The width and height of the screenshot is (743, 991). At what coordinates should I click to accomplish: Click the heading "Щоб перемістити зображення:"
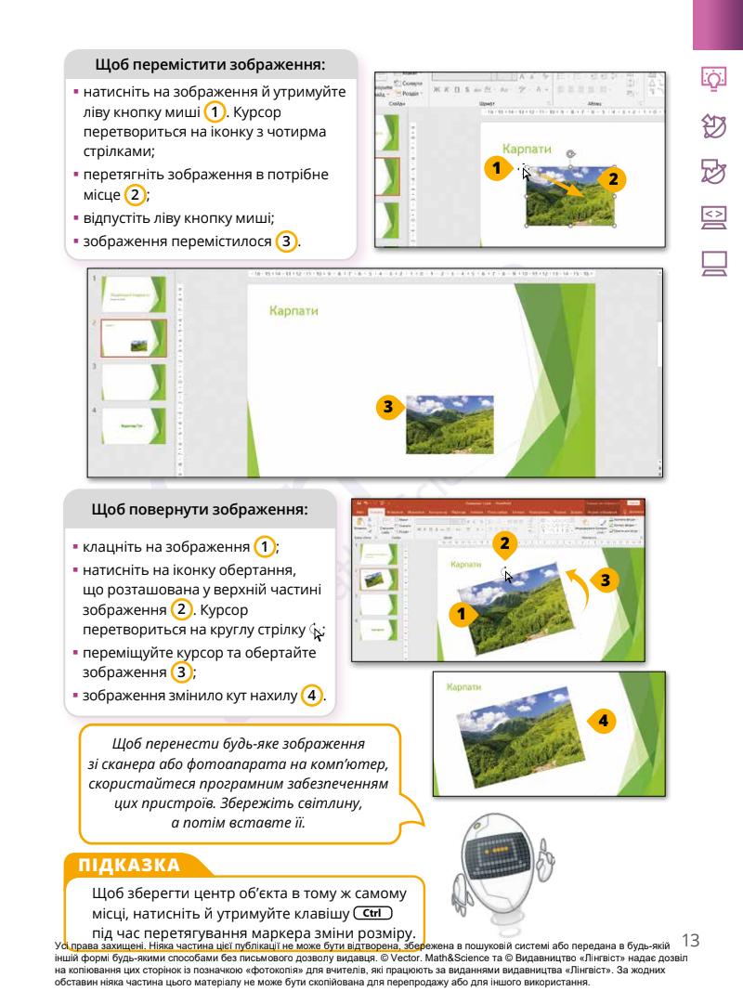coord(211,65)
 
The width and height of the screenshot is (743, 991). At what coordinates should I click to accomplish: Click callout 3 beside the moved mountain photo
coord(390,407)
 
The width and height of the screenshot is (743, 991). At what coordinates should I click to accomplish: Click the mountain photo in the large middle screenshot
coord(450,424)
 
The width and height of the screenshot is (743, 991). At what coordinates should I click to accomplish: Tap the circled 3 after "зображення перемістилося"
coord(289,241)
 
